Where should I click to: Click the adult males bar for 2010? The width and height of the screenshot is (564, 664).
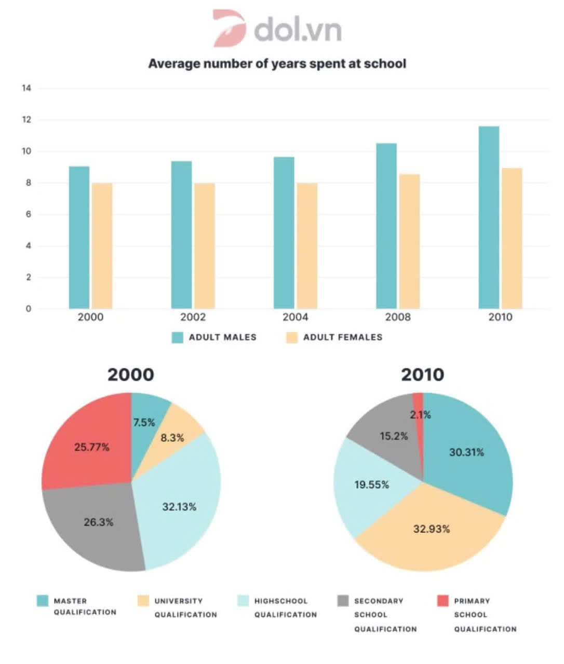tap(489, 217)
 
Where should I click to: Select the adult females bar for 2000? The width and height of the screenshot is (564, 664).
tap(102, 246)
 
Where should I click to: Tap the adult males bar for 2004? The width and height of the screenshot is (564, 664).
tap(284, 232)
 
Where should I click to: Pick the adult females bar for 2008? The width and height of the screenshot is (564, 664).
tap(409, 241)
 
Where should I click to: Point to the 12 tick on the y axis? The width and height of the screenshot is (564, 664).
tap(26, 120)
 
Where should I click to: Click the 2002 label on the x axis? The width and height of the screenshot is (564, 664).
tap(193, 317)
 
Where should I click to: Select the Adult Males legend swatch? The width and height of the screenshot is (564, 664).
tap(177, 337)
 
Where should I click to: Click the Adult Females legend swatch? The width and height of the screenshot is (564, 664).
tap(292, 337)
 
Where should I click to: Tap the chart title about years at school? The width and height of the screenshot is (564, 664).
tap(277, 64)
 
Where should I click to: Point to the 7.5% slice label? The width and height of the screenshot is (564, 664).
tap(144, 422)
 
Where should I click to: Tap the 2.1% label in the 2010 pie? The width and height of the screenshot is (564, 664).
tap(420, 414)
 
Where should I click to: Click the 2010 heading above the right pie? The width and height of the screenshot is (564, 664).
tap(423, 375)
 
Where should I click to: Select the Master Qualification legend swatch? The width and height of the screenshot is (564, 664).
tap(43, 600)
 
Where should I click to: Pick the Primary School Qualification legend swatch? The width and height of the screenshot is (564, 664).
tap(443, 600)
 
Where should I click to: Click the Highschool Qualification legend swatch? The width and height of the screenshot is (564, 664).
tap(243, 600)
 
